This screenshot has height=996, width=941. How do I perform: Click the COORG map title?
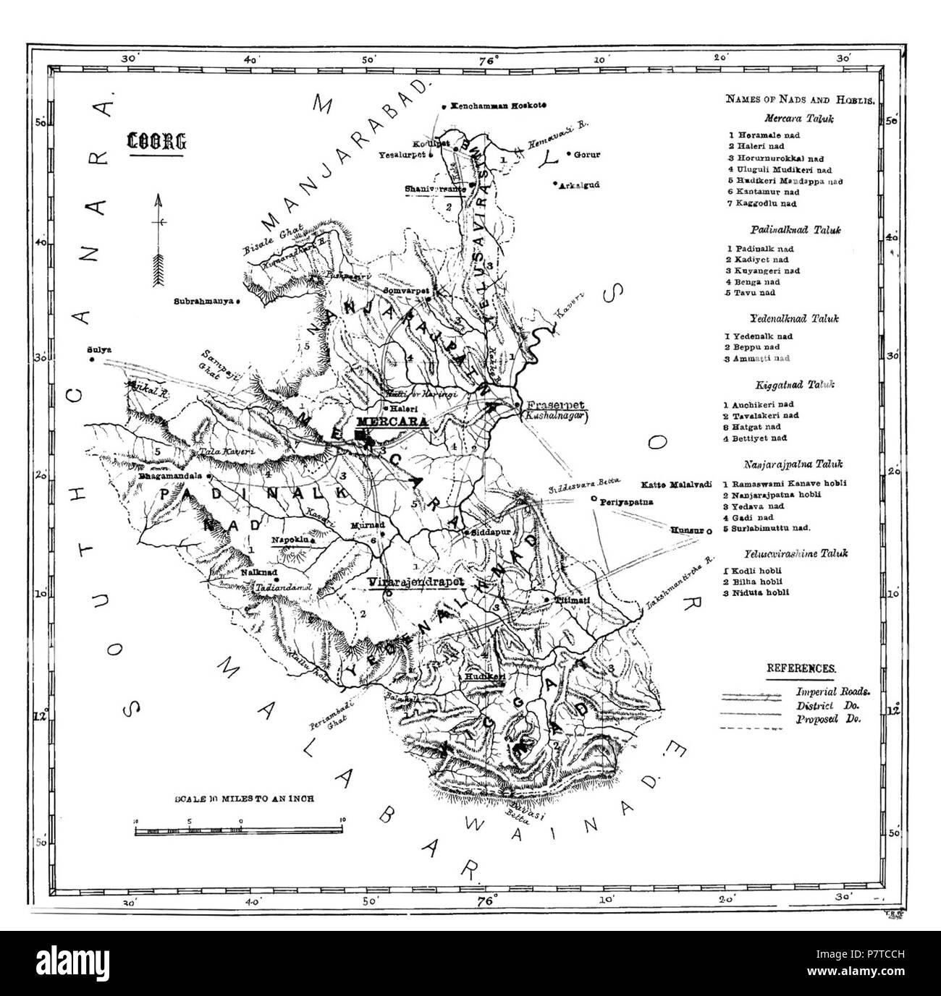pyautogui.click(x=155, y=140)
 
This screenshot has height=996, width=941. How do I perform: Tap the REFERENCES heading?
pyautogui.click(x=801, y=669)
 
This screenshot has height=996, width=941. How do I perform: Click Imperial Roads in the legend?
pyautogui.click(x=833, y=691)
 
